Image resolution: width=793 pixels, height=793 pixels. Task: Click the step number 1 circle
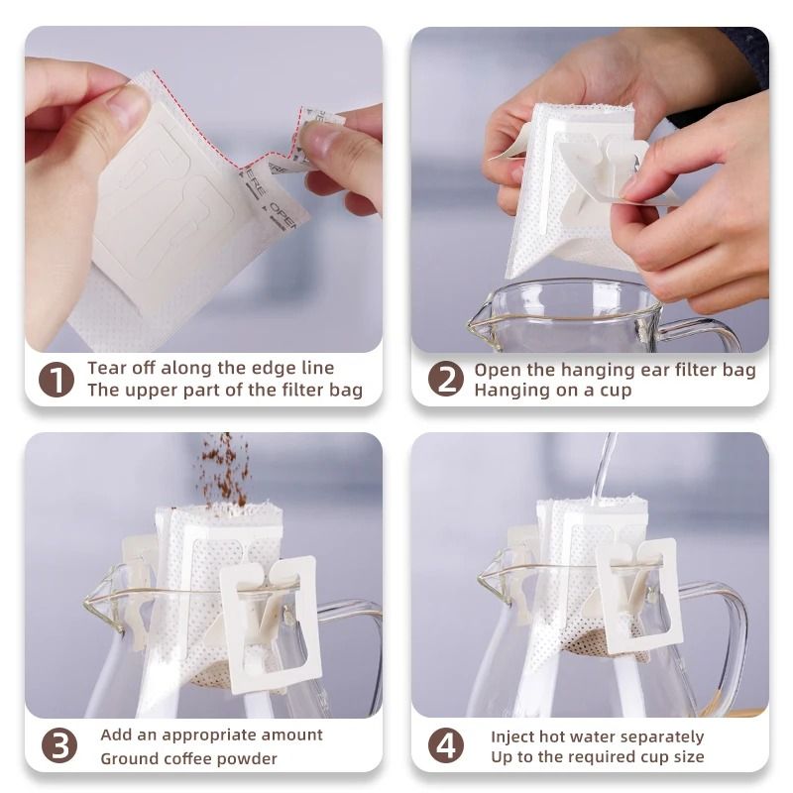(x=57, y=379)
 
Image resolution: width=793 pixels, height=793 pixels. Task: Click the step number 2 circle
(x=445, y=379)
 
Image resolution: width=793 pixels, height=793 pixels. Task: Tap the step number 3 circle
(x=58, y=745)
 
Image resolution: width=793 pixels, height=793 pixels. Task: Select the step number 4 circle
(x=445, y=745)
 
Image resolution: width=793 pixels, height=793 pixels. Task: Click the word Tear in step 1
(x=107, y=368)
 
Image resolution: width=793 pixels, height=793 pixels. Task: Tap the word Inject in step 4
(x=514, y=736)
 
